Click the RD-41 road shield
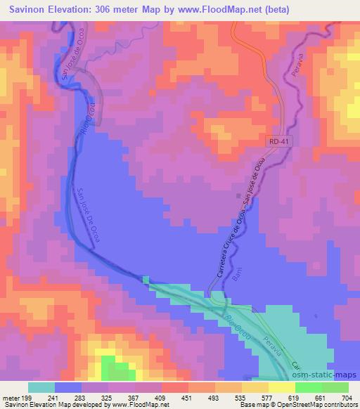click(278, 141)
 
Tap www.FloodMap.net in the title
click(210, 8)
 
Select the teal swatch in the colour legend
click(41, 387)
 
